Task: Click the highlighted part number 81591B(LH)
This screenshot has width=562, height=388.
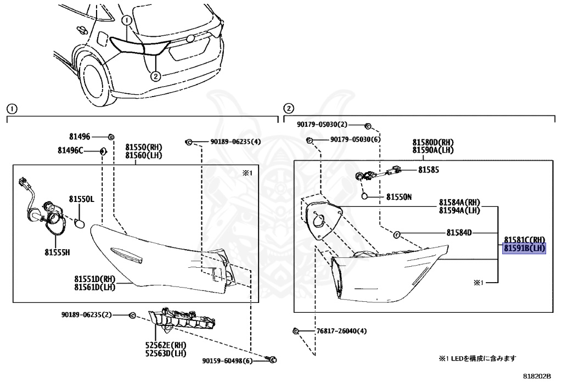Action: click(524, 249)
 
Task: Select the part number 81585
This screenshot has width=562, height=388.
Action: click(429, 170)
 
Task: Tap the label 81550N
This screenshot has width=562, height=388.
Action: click(398, 196)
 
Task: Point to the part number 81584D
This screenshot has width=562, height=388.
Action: click(459, 233)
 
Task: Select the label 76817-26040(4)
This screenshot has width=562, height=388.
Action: click(341, 331)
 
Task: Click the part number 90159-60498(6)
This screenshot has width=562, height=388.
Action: click(227, 361)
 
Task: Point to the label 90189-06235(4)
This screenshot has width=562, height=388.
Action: click(235, 142)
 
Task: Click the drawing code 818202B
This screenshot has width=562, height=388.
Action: click(536, 377)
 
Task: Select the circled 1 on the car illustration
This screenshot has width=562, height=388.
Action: click(127, 21)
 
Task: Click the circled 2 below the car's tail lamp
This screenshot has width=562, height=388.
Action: click(155, 76)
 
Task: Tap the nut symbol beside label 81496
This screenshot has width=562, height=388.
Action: click(111, 136)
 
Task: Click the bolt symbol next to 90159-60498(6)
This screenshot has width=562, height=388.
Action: click(273, 360)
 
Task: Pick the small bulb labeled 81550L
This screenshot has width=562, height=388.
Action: click(77, 224)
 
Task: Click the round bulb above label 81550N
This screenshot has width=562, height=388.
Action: click(364, 195)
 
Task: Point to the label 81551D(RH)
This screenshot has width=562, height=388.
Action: click(95, 279)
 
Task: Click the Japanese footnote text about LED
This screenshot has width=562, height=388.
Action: click(477, 358)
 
